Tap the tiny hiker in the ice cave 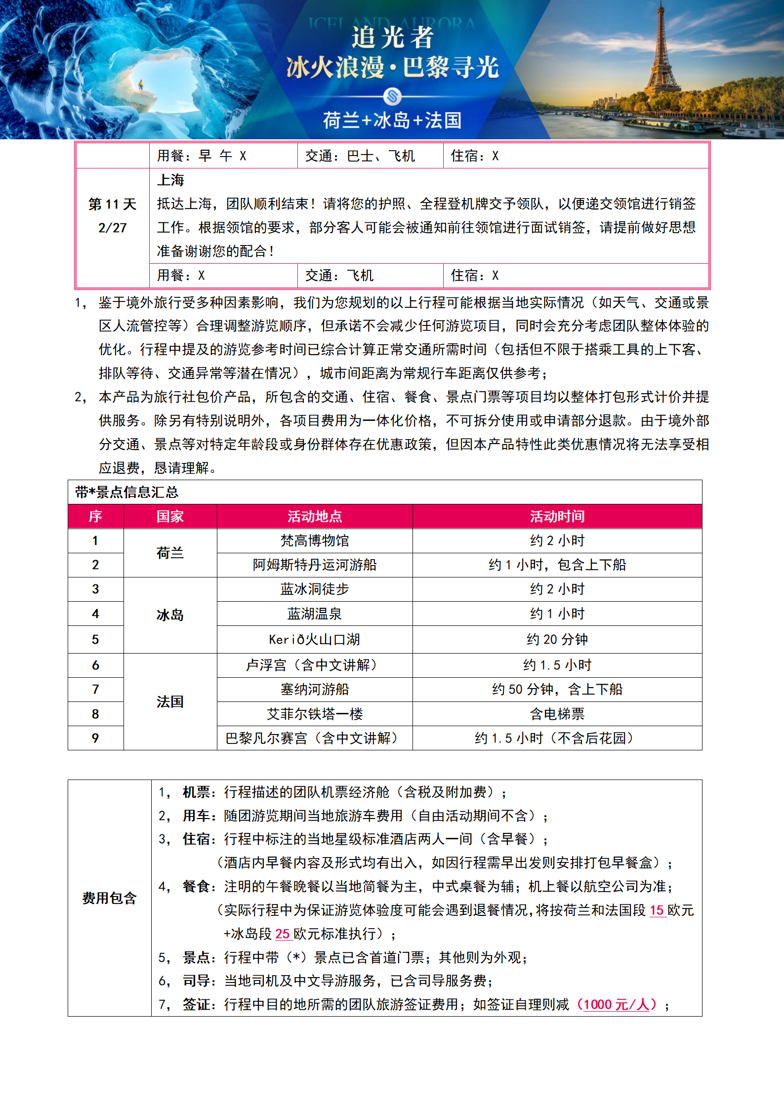[x=141, y=85]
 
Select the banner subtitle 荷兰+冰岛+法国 [x=392, y=120]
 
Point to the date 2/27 [x=112, y=228]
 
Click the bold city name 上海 [x=170, y=180]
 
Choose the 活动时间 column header [x=557, y=517]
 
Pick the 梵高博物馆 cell [x=315, y=540]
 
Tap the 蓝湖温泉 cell [x=315, y=614]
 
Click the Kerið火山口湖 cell [x=315, y=640]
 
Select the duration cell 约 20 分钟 [x=557, y=640]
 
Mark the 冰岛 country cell [x=170, y=615]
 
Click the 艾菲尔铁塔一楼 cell [x=315, y=714]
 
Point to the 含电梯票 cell [x=557, y=714]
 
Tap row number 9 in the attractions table [x=95, y=738]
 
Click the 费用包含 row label [x=109, y=898]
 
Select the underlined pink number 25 [x=282, y=934]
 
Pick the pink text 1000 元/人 [x=616, y=1004]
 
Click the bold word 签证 [x=196, y=1004]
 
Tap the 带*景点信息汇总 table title [x=127, y=492]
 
